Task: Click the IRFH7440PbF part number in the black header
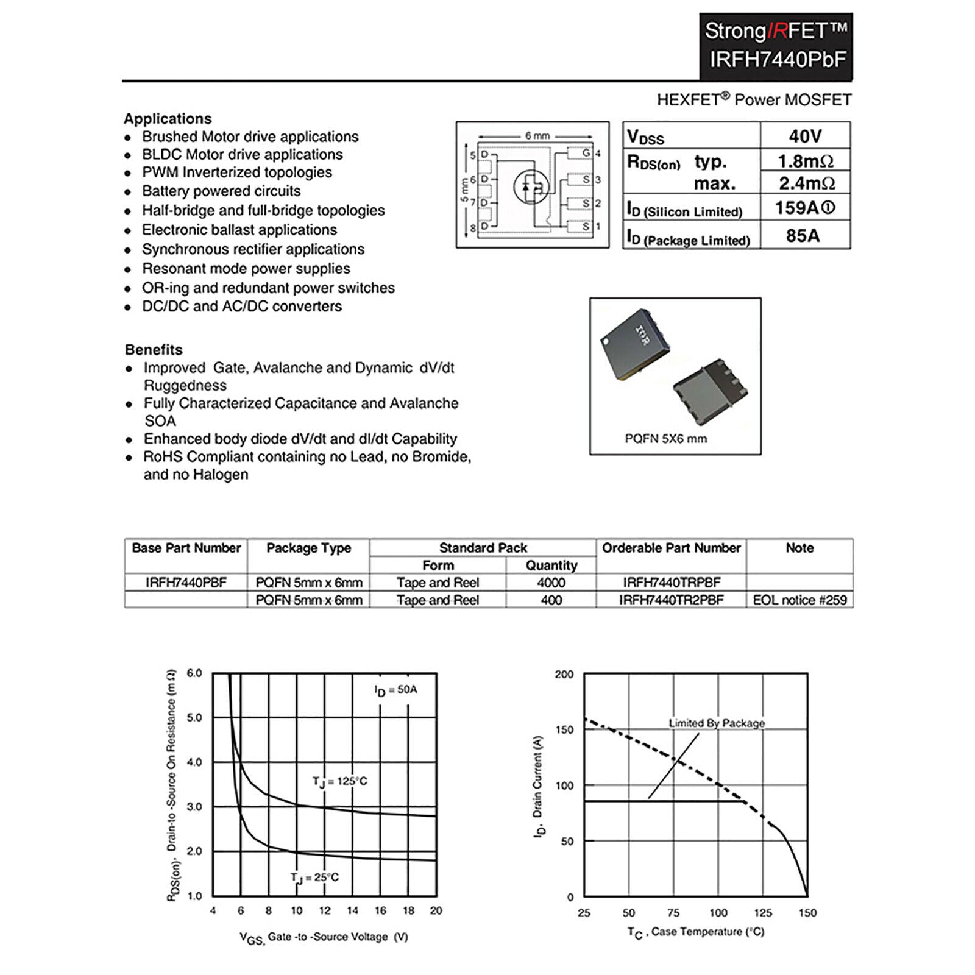[x=778, y=60]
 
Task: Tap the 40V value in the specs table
[x=805, y=136]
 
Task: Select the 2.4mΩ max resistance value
[x=806, y=183]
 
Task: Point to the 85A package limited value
[x=803, y=235]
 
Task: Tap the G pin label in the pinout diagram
[x=586, y=152]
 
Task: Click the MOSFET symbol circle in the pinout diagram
[x=531, y=186]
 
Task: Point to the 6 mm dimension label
[x=537, y=135]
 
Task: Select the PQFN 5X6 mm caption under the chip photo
[x=666, y=438]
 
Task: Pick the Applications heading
[x=168, y=119]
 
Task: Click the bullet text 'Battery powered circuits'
[x=221, y=191]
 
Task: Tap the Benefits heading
[x=154, y=350]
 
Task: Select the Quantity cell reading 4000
[x=551, y=583]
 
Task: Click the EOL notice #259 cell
[x=799, y=600]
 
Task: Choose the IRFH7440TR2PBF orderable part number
[x=671, y=600]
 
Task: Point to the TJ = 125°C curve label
[x=339, y=782]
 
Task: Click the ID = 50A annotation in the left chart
[x=395, y=690]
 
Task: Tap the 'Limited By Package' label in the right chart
[x=717, y=723]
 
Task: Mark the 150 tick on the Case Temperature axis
[x=807, y=913]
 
